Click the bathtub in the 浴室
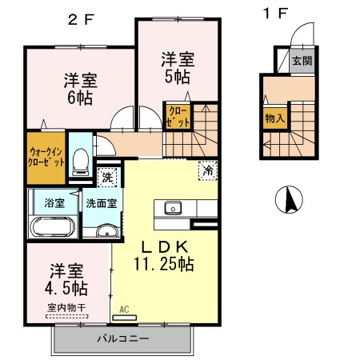(54, 227)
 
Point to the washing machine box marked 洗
(106, 174)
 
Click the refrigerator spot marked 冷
(208, 170)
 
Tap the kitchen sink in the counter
(173, 209)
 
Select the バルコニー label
(122, 338)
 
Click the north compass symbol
(286, 198)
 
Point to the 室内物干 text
(67, 306)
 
